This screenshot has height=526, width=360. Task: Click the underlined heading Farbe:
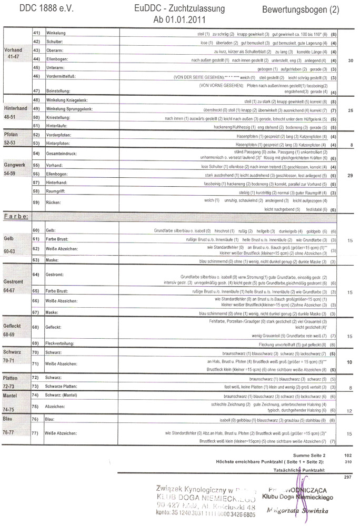coord(16,216)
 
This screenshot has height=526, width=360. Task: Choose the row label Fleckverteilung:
coord(64,343)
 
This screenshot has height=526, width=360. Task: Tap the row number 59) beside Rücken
coord(36,203)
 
